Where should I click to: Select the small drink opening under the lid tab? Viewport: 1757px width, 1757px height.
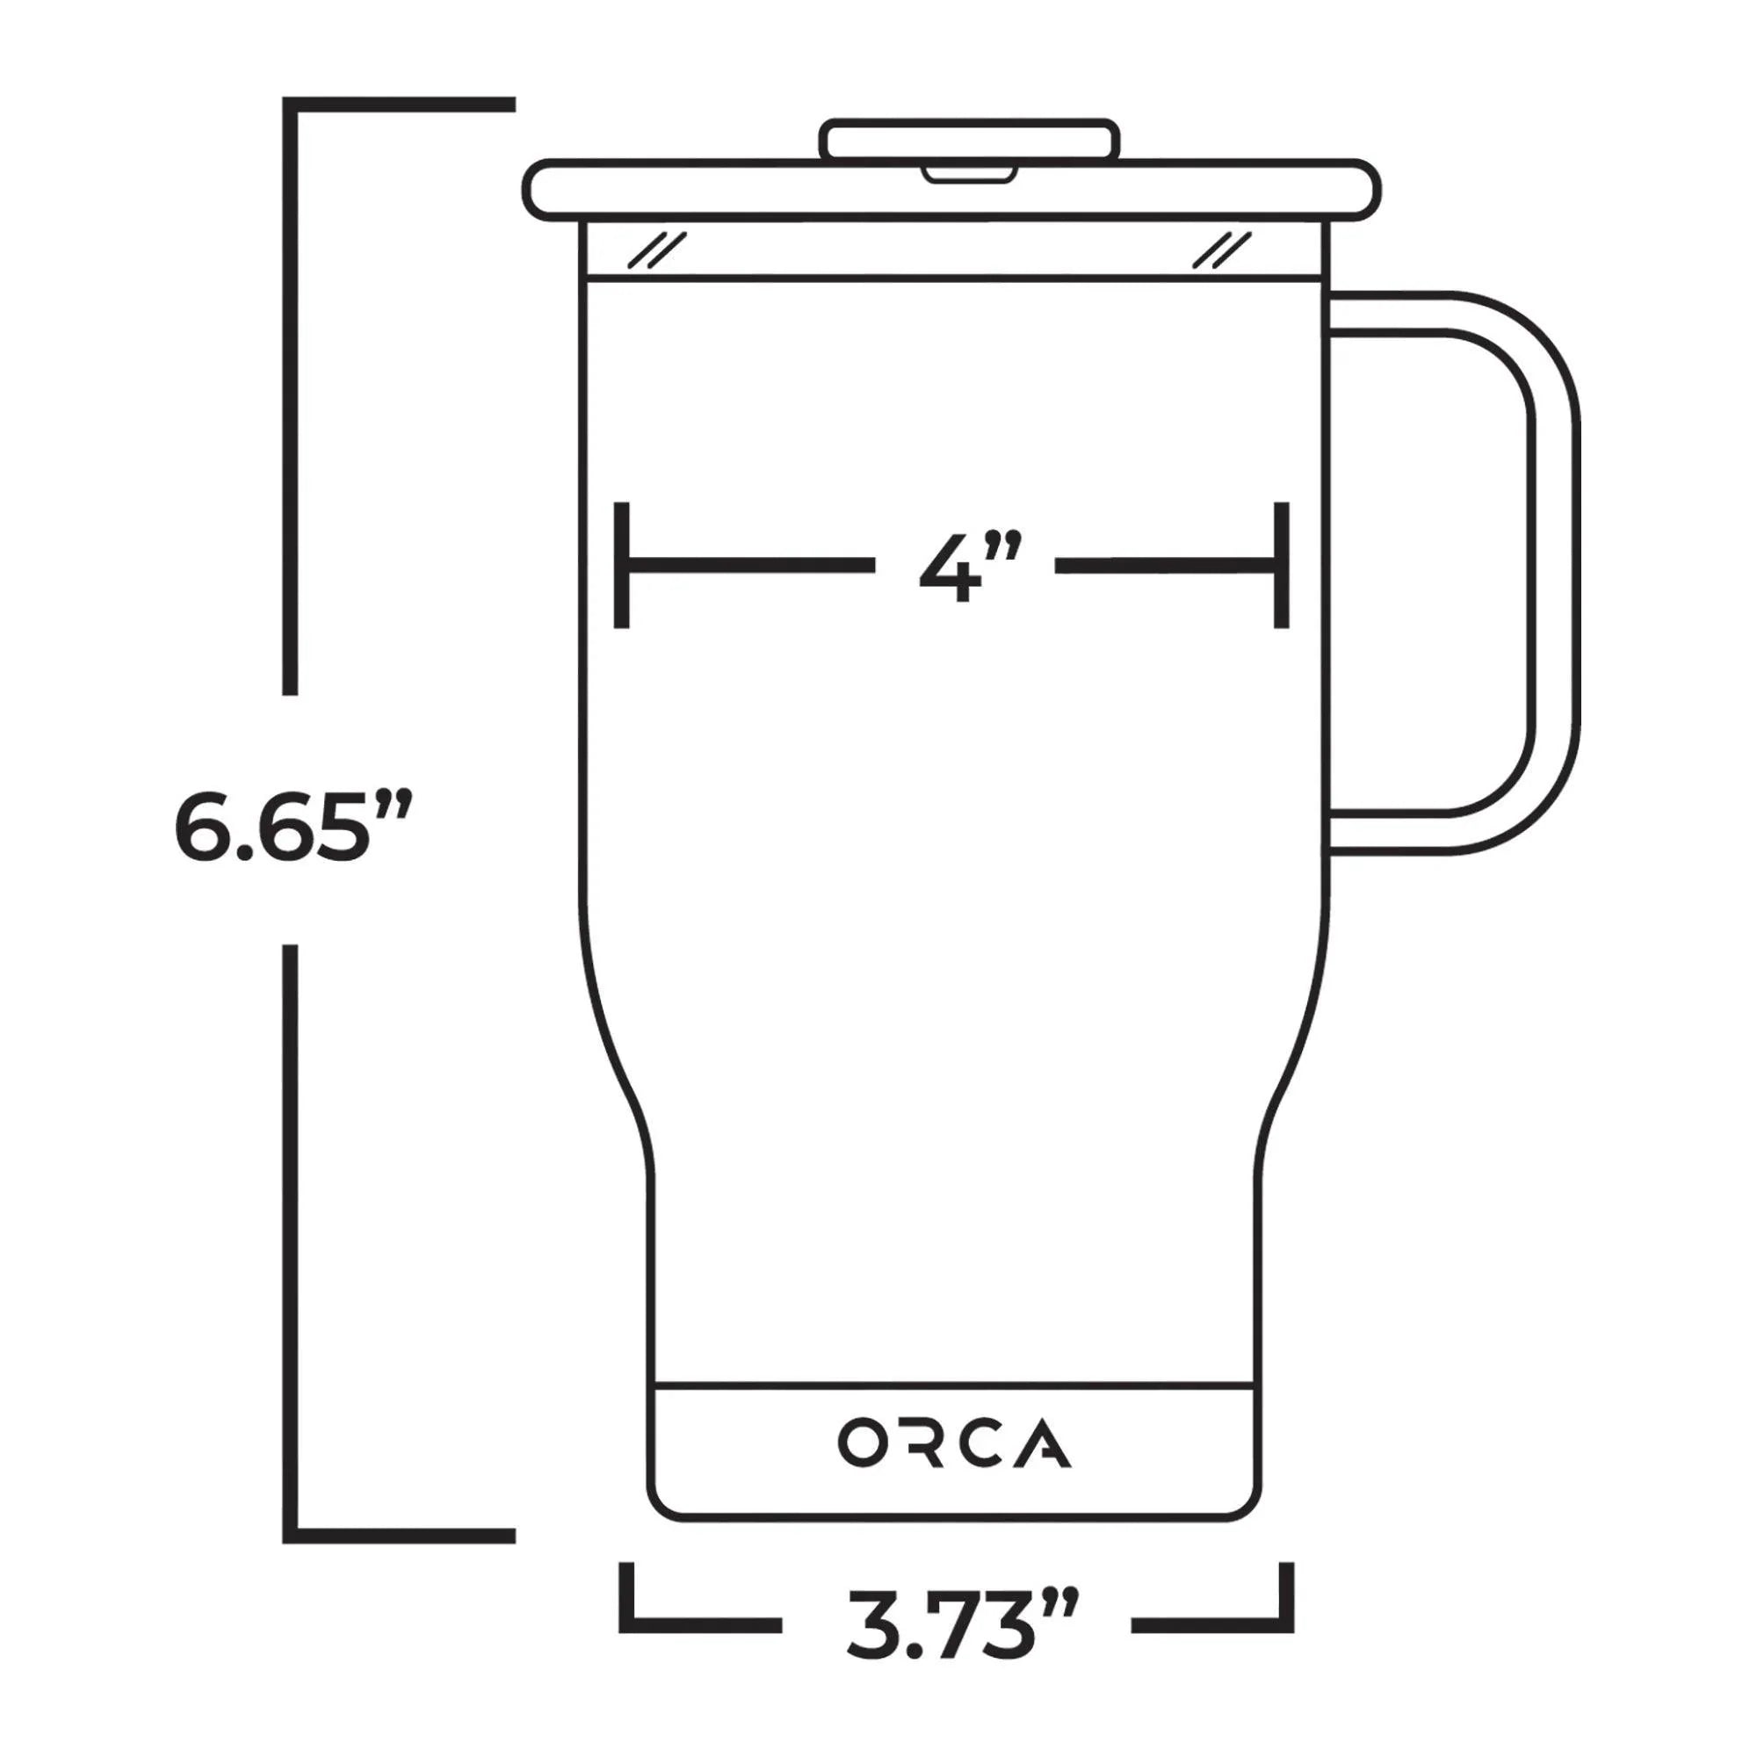pyautogui.click(x=968, y=172)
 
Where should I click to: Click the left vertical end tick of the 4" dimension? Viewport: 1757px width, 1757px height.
pyautogui.click(x=622, y=565)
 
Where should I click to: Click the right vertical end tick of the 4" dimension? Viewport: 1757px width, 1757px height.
pyautogui.click(x=1281, y=565)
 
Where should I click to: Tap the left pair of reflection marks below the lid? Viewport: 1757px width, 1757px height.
pyautogui.click(x=656, y=250)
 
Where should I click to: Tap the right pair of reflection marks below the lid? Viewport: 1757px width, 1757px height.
pyautogui.click(x=1220, y=250)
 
